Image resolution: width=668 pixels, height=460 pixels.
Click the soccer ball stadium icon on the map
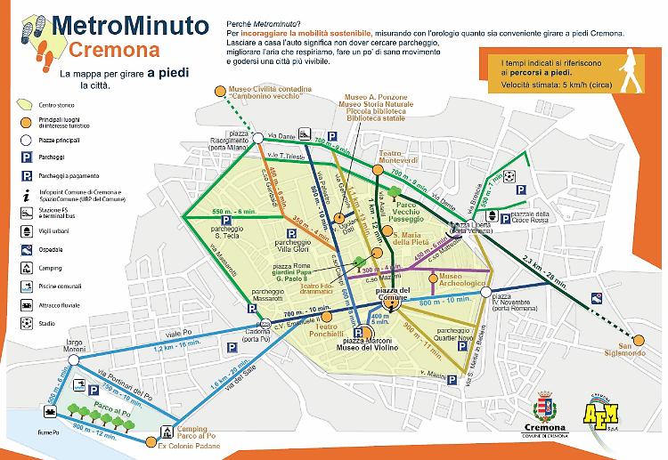(509, 177)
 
